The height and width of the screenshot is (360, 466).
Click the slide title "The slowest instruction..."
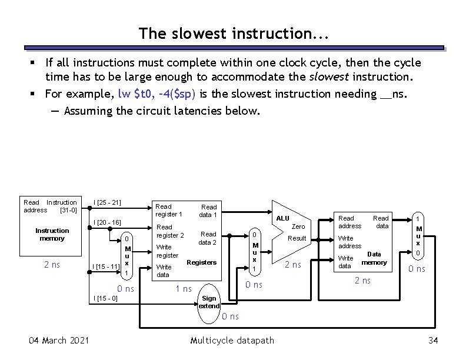pyautogui.click(x=233, y=34)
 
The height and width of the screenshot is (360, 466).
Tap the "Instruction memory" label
pyautogui.click(x=52, y=234)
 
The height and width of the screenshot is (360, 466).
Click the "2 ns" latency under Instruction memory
pyautogui.click(x=52, y=265)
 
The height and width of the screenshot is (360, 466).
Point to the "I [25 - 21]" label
pyautogui.click(x=107, y=203)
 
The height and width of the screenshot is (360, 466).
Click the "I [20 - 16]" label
pyautogui.click(x=107, y=222)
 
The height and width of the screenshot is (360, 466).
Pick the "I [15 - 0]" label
pyautogui.click(x=106, y=298)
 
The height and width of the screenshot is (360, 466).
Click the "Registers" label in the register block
pyautogui.click(x=201, y=262)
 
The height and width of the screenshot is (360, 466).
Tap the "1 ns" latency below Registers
pyautogui.click(x=184, y=288)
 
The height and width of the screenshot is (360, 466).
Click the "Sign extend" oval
pyautogui.click(x=209, y=302)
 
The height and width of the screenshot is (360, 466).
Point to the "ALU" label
pyautogui.click(x=284, y=218)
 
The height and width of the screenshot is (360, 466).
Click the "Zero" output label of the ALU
pyautogui.click(x=298, y=226)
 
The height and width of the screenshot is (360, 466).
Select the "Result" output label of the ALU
pyautogui.click(x=297, y=238)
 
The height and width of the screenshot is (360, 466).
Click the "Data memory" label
pyautogui.click(x=374, y=258)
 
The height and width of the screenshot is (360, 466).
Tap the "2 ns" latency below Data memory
pyautogui.click(x=362, y=281)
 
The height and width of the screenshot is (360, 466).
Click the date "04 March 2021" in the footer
pyautogui.click(x=59, y=341)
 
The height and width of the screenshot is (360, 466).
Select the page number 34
pyautogui.click(x=434, y=341)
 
